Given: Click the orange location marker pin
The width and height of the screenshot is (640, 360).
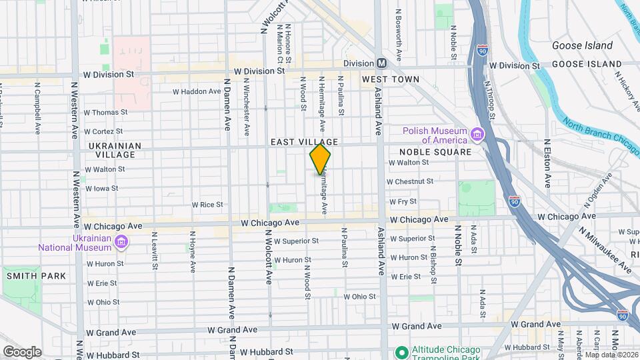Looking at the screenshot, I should tap(320, 159).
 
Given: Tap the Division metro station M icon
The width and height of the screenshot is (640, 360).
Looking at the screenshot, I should tap(382, 63).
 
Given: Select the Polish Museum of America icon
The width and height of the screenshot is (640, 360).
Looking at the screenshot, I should tap(477, 135).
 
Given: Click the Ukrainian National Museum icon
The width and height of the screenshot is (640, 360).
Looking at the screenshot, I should tap(121, 241).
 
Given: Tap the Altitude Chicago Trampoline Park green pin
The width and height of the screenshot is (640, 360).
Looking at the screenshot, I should tap(401, 351).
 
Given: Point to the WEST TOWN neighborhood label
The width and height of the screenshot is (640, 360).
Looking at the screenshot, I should tap(391, 79).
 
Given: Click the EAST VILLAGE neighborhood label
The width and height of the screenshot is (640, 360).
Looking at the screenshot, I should tap(304, 142).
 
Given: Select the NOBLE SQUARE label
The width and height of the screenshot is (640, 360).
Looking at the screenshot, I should tap(435, 152).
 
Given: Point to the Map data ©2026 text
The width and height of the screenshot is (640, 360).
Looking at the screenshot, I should tap(611, 355).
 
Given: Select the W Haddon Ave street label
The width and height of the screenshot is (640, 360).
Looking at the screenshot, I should tap(196, 91).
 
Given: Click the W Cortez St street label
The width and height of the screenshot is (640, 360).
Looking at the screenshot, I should tap(105, 131).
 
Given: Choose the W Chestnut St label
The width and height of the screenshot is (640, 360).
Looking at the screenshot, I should tap(410, 181).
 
